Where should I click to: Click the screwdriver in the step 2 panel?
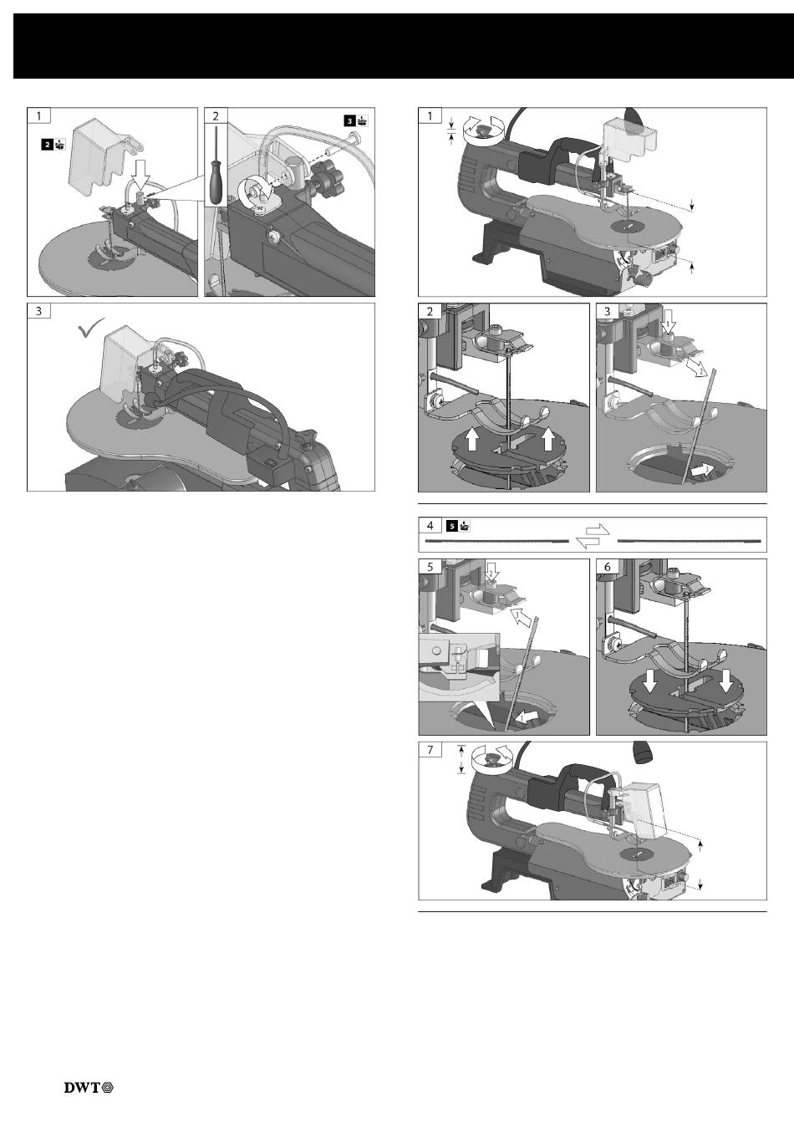click(217, 165)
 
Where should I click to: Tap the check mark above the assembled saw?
click(92, 328)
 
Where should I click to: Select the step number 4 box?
click(430, 525)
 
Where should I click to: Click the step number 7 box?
click(430, 750)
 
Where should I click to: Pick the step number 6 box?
click(607, 567)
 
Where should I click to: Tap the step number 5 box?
click(430, 567)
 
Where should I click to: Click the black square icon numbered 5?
click(452, 526)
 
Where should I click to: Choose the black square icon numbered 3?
click(350, 120)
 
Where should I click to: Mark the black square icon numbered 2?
click(47, 145)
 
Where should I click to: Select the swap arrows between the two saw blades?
click(593, 535)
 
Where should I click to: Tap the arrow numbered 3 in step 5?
click(520, 617)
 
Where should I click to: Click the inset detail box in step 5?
click(460, 667)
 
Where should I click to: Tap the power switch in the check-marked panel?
click(267, 466)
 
